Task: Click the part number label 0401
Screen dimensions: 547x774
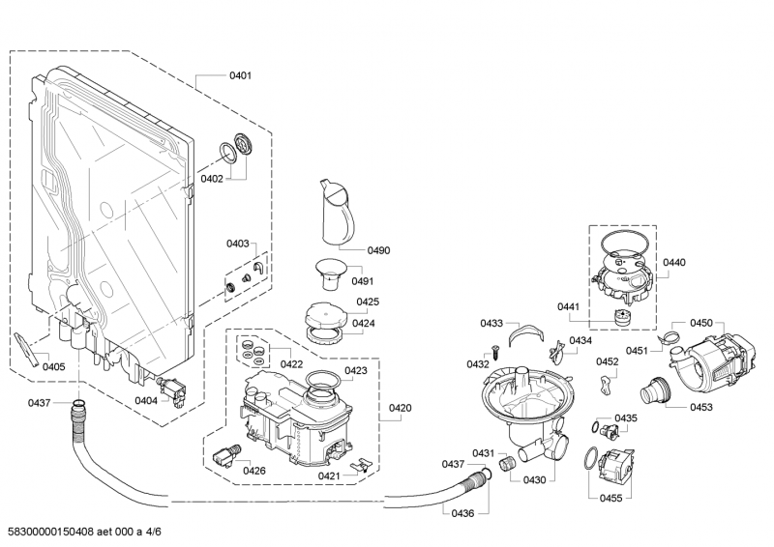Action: pos(240,75)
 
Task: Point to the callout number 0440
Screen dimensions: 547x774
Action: pos(673,262)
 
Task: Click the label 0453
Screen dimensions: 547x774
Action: pos(700,407)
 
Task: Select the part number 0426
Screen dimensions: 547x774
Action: pos(254,471)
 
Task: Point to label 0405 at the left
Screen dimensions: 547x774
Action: pos(54,366)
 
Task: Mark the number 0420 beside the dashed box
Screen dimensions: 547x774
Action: pos(401,408)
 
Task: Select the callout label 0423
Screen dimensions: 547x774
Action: pos(355,370)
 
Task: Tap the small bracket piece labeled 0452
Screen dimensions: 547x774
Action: pos(606,386)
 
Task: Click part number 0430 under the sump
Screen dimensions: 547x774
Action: pos(534,479)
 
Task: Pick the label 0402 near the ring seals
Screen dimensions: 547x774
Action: pos(212,179)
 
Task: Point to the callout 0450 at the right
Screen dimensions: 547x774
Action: pos(700,323)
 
